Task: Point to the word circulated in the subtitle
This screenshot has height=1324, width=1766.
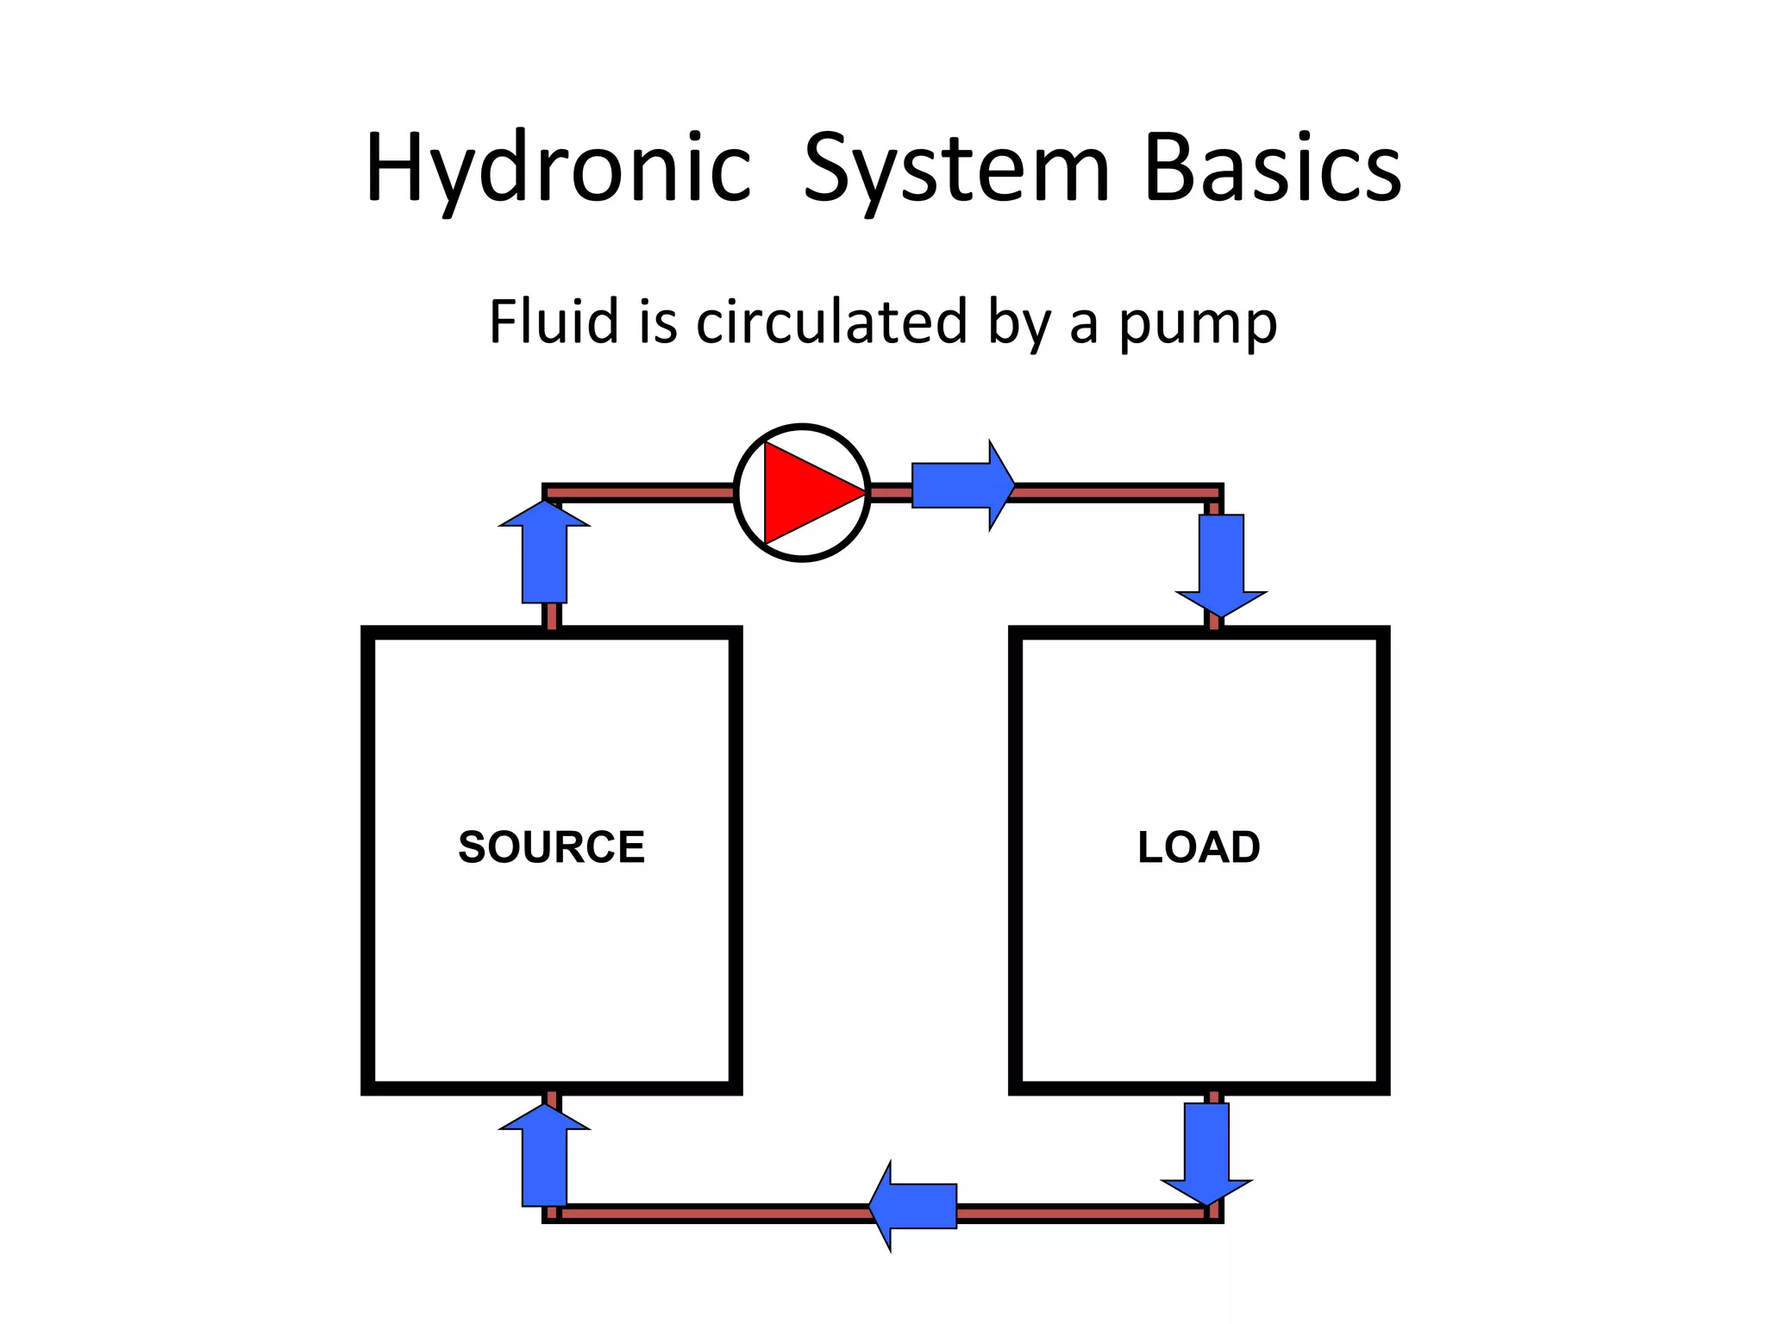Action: pos(831,322)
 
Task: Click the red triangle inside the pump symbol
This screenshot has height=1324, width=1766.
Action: pos(807,493)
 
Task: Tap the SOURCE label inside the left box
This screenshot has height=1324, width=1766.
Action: pos(551,846)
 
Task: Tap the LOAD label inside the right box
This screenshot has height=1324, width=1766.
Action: pos(1199,846)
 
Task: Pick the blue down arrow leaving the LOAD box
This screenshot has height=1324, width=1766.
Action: pos(1206,1151)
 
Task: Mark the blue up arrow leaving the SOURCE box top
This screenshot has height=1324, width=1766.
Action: pos(545,553)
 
